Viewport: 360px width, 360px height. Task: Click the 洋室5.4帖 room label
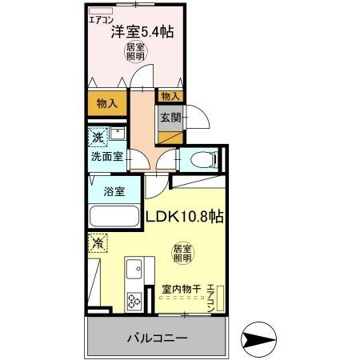[143, 32]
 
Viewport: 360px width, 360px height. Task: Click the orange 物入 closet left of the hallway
[107, 102]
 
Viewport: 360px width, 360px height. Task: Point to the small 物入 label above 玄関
[170, 96]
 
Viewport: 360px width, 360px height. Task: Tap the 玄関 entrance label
[170, 118]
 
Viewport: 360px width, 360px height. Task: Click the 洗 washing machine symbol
[97, 137]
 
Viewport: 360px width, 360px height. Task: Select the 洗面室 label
[106, 157]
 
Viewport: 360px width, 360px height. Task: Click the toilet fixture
[206, 158]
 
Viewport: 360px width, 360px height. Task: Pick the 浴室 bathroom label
[114, 191]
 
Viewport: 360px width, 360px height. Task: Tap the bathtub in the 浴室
[114, 216]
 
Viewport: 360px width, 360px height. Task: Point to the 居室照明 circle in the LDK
[182, 254]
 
